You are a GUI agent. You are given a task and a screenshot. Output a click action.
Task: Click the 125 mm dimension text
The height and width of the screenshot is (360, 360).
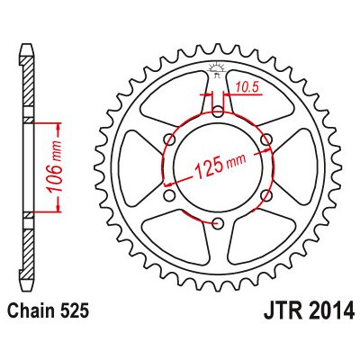click(x=220, y=166)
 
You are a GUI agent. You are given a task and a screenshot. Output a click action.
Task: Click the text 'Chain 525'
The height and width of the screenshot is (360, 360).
click(x=49, y=311)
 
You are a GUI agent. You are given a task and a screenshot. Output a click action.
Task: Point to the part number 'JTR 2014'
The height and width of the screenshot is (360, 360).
click(x=309, y=311)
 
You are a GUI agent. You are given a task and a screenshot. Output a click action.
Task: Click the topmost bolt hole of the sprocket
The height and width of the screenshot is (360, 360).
click(x=218, y=112)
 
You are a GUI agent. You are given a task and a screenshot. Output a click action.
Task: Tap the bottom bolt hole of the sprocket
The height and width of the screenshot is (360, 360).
click(x=218, y=223)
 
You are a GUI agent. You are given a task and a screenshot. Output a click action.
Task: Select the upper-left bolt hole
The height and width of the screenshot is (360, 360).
click(x=170, y=139)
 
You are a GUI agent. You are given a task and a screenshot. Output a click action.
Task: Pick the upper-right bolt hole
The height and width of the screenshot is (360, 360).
click(x=266, y=139)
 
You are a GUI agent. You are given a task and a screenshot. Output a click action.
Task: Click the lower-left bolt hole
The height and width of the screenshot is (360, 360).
click(x=170, y=195)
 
